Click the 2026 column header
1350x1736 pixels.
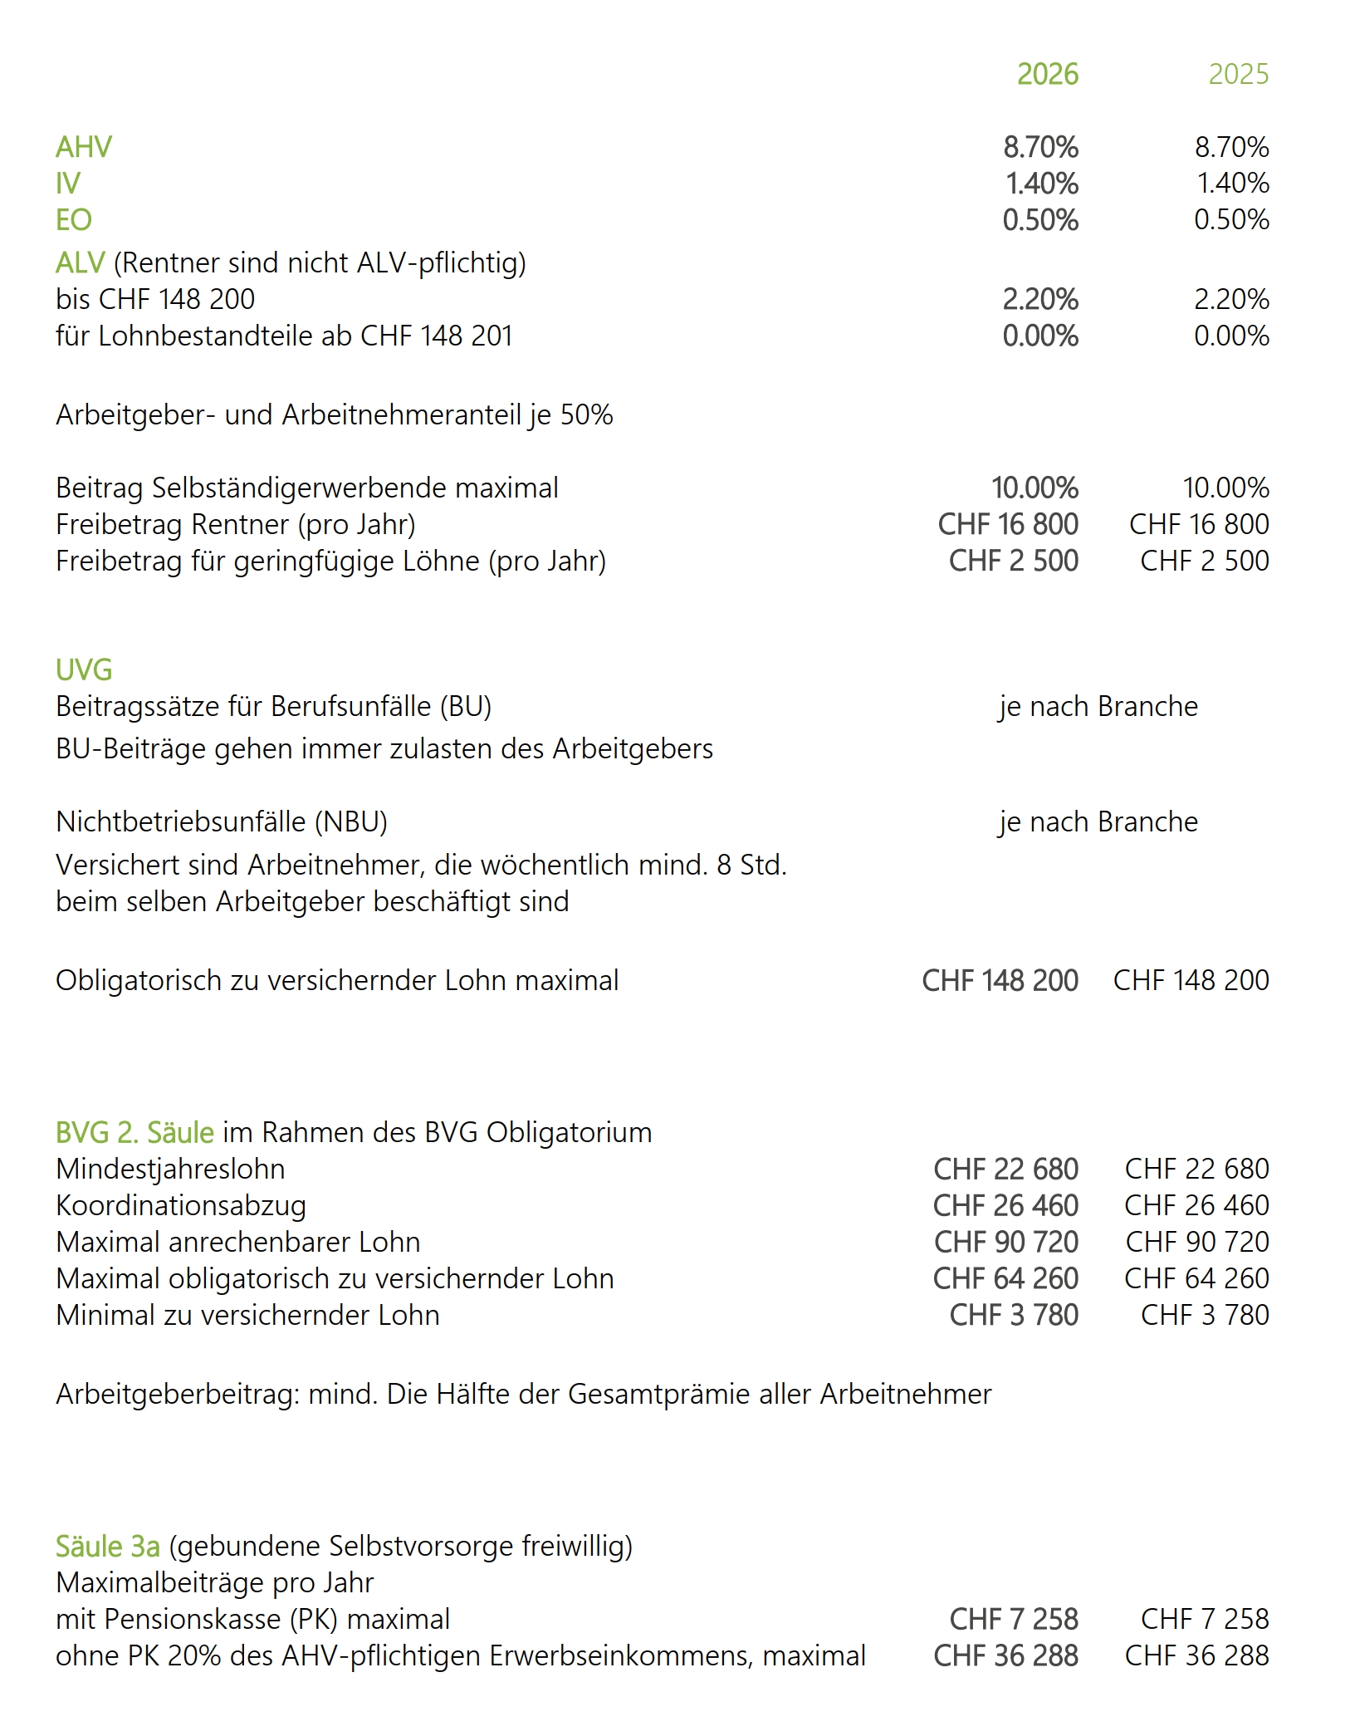[1047, 75]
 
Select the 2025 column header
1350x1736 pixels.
[1238, 75]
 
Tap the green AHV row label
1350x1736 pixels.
[83, 147]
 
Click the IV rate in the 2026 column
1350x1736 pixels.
[1041, 184]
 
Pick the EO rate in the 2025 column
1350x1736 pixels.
[1231, 220]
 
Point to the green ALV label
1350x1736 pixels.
[80, 263]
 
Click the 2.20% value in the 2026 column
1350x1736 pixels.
[1040, 300]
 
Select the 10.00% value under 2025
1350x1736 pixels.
[1225, 488]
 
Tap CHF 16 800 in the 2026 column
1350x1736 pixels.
[1008, 524]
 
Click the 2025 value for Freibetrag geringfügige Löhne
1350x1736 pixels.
[1204, 561]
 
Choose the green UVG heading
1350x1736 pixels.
[84, 669]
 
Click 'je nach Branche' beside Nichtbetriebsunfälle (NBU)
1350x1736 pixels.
[1098, 821]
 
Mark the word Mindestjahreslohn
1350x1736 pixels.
[170, 1169]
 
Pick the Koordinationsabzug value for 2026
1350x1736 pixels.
[1005, 1205]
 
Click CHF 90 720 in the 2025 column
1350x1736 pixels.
[1197, 1242]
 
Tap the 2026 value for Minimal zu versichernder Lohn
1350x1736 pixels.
[1014, 1315]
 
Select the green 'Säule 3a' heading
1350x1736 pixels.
[107, 1546]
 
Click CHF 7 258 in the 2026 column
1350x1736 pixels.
[1014, 1619]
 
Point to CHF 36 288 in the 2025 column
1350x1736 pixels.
[1196, 1655]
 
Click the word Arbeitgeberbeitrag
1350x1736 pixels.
[178, 1394]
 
